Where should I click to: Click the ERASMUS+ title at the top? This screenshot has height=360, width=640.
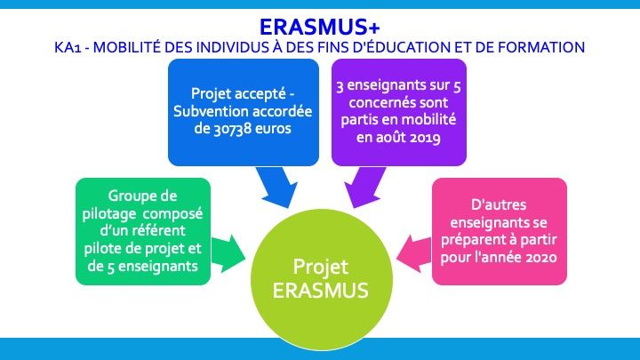[320, 27]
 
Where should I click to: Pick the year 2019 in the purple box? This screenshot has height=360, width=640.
[425, 138]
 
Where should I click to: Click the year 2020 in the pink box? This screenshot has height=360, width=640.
[541, 258]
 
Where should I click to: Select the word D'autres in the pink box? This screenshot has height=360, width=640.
[499, 204]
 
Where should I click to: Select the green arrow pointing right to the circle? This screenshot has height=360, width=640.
[228, 254]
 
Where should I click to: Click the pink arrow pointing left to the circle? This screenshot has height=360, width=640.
[414, 254]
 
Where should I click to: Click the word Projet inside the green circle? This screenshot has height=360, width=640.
[320, 268]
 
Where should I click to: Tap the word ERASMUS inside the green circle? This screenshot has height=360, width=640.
[320, 291]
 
